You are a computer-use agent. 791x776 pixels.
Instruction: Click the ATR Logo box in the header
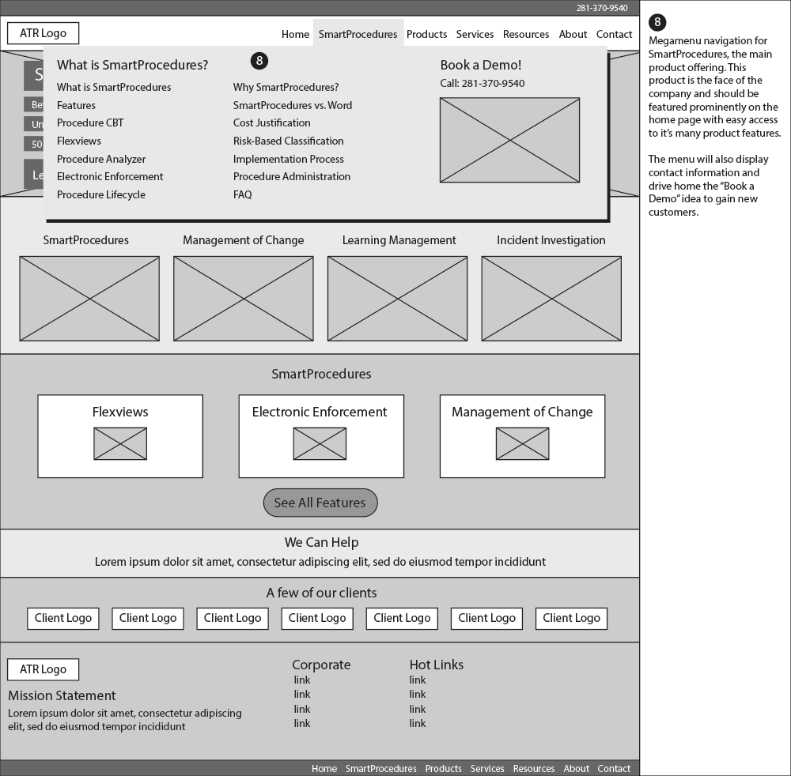(43, 33)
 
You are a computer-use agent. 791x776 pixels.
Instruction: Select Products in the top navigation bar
(426, 34)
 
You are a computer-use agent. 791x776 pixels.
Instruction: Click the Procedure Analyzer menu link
(101, 159)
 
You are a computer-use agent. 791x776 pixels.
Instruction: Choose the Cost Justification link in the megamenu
(271, 122)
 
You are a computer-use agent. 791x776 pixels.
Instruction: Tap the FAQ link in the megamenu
(242, 194)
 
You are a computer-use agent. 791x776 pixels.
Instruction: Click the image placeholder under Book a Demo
(509, 140)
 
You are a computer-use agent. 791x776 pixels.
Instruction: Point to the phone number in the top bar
(601, 8)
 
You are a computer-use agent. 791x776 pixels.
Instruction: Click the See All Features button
(320, 503)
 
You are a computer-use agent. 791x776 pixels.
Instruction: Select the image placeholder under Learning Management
(397, 298)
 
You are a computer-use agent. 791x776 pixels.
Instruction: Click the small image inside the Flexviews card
(120, 443)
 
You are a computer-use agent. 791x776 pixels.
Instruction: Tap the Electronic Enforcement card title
(320, 412)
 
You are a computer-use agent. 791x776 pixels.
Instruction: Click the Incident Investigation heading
(551, 240)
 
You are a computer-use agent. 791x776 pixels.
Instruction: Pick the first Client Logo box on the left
(63, 618)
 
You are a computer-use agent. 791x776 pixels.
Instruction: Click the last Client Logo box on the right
(571, 618)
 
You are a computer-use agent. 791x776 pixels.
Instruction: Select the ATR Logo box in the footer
(43, 669)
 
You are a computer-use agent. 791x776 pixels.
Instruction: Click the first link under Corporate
(302, 680)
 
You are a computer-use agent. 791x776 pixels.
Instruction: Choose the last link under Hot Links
(418, 723)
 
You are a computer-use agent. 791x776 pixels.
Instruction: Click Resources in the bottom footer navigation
(533, 768)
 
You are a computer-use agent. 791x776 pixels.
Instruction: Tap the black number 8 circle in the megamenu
(259, 61)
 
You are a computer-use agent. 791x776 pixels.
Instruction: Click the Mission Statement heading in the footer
(62, 695)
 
